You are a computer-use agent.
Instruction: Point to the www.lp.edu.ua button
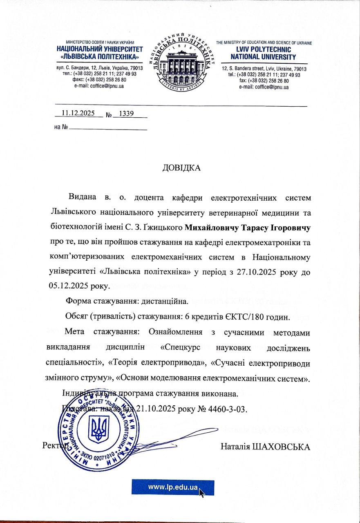[173, 487]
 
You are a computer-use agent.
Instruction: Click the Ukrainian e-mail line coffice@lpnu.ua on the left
[99, 86]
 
